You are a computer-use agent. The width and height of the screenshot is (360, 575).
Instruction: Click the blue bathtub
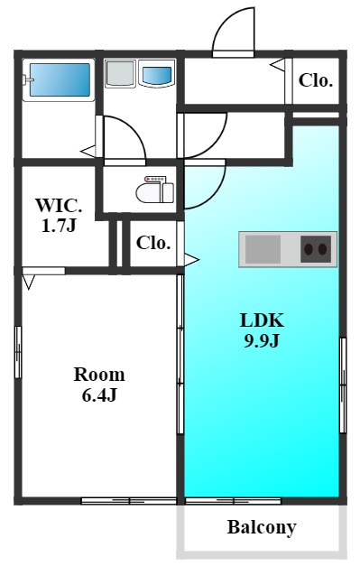60,79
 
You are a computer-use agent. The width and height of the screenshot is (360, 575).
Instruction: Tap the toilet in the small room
155,190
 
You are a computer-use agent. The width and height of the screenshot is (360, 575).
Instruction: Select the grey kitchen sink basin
263,249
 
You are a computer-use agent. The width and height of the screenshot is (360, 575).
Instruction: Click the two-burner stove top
316,249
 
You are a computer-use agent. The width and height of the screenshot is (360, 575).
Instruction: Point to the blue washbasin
157,75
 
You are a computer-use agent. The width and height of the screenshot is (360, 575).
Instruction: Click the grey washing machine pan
120,74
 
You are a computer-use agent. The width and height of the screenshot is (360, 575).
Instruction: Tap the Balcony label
262,528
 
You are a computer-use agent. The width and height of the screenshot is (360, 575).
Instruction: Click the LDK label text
262,320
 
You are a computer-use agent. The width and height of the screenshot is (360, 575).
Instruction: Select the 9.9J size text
262,341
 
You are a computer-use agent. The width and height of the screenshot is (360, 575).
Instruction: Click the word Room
99,375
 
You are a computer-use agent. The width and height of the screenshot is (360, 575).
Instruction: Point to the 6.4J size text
99,395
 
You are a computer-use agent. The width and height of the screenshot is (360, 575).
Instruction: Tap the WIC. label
59,206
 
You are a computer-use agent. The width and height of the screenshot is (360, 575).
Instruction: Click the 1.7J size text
59,226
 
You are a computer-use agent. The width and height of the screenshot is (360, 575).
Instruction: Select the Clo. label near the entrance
316,80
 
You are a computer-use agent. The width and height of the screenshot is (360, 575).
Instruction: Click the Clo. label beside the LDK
153,243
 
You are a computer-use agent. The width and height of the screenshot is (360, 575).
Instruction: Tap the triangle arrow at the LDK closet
191,260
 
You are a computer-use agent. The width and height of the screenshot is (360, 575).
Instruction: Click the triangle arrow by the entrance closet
278,65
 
